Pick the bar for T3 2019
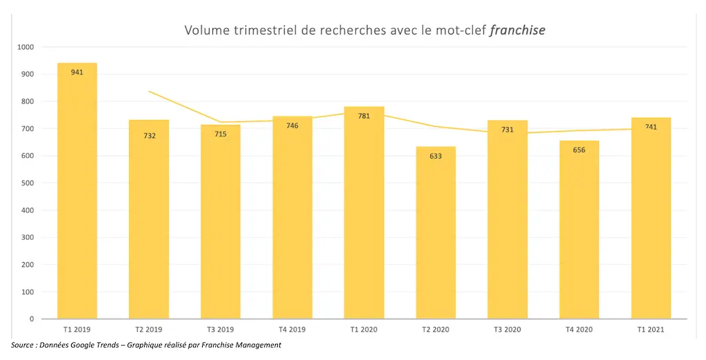click(221, 221)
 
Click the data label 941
click(77, 72)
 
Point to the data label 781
click(364, 116)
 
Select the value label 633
click(436, 156)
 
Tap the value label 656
click(579, 150)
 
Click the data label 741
click(651, 127)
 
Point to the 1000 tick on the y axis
click(26, 47)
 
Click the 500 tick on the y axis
click(28, 183)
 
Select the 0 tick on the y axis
click(32, 319)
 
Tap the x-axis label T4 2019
click(292, 330)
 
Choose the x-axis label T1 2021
click(651, 330)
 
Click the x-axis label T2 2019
click(148, 330)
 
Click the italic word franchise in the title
click(517, 30)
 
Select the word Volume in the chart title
click(205, 30)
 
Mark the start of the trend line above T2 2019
click(149, 91)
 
